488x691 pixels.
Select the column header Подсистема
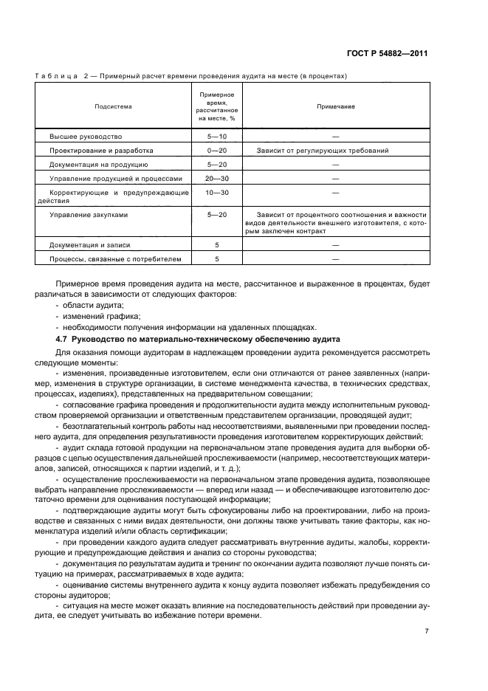click(x=113, y=106)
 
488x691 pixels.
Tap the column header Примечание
click(x=336, y=106)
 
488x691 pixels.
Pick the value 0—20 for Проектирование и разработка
click(x=217, y=151)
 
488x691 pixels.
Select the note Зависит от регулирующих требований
click(x=323, y=151)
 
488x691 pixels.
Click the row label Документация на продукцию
click(x=99, y=165)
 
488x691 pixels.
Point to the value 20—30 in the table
click(x=217, y=179)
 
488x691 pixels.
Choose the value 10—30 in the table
click(x=217, y=192)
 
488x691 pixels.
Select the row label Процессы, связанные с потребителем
click(x=114, y=259)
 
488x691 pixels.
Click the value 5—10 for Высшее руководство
click(x=217, y=137)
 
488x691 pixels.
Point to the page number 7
click(x=427, y=631)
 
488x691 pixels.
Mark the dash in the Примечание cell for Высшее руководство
click(x=336, y=137)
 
